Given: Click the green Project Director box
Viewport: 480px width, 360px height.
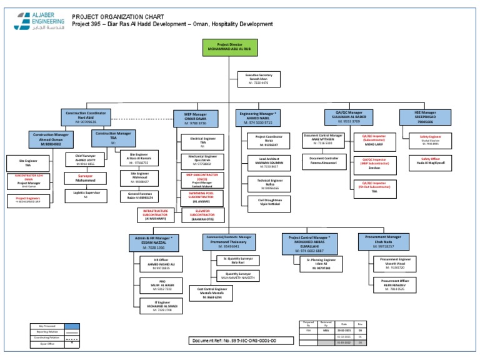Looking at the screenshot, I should point(229,47).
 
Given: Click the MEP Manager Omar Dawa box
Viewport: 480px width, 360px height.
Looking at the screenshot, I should point(194,119).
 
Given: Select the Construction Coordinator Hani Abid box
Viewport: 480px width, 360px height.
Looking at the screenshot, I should point(86,117).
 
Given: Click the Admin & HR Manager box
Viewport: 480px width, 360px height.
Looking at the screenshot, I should point(154,242).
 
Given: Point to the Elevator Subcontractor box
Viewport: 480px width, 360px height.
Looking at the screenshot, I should point(202,216).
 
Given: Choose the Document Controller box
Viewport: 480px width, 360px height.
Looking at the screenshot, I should point(324,161).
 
